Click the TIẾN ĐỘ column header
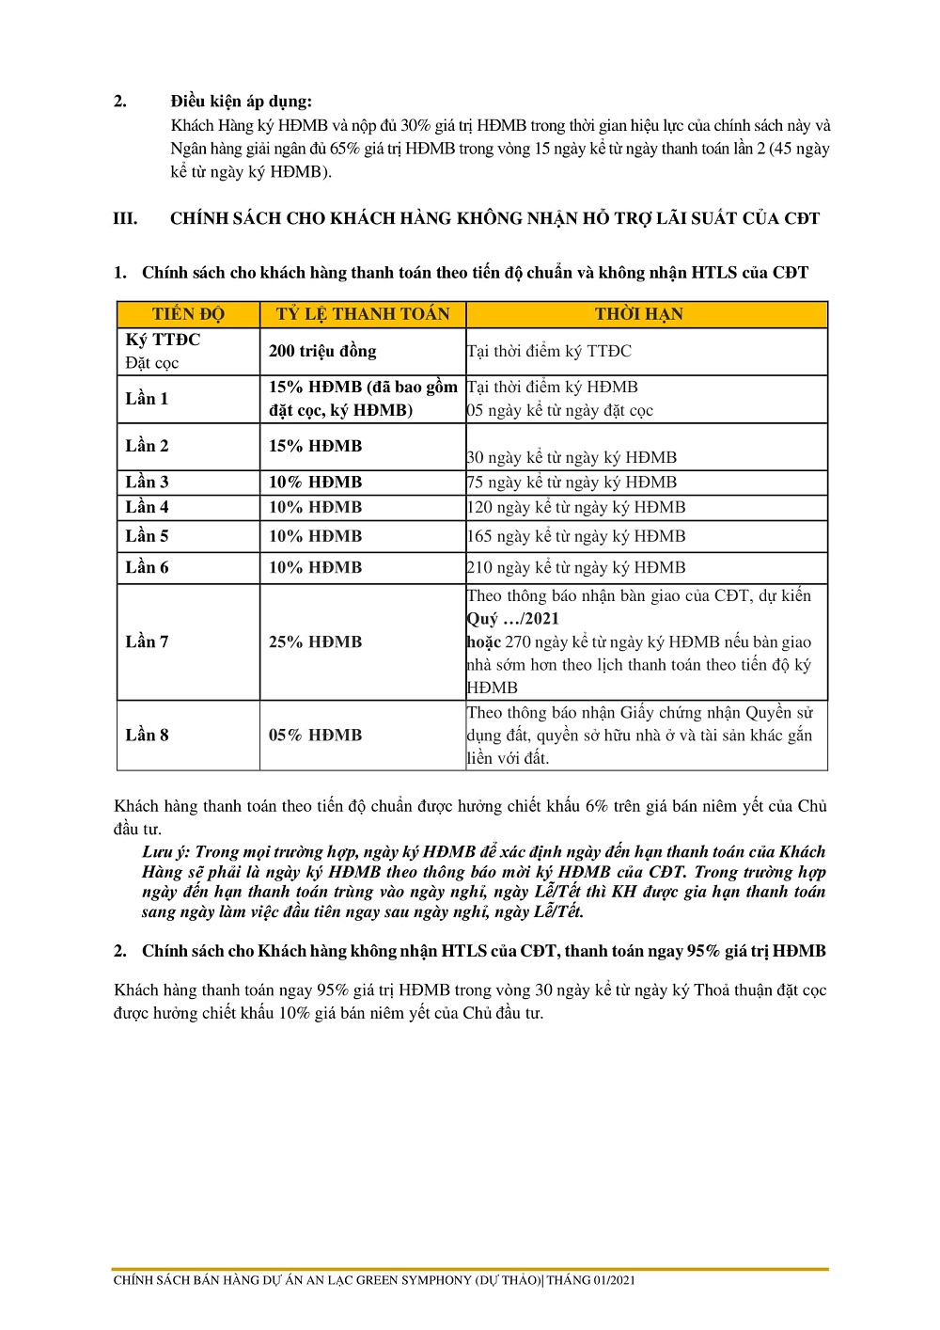click(188, 314)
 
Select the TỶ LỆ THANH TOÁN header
click(363, 314)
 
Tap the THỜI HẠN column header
click(639, 314)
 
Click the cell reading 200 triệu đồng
click(322, 351)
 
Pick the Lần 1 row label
click(147, 399)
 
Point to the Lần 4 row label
click(147, 507)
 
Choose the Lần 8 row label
click(147, 736)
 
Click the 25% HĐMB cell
click(315, 642)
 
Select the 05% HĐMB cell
click(315, 736)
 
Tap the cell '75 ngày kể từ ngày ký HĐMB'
click(572, 483)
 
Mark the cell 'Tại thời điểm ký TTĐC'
click(550, 351)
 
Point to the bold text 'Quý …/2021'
click(513, 619)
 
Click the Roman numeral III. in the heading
click(125, 219)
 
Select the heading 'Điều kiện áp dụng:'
click(242, 102)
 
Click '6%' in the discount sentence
click(597, 807)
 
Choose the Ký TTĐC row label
click(163, 340)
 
